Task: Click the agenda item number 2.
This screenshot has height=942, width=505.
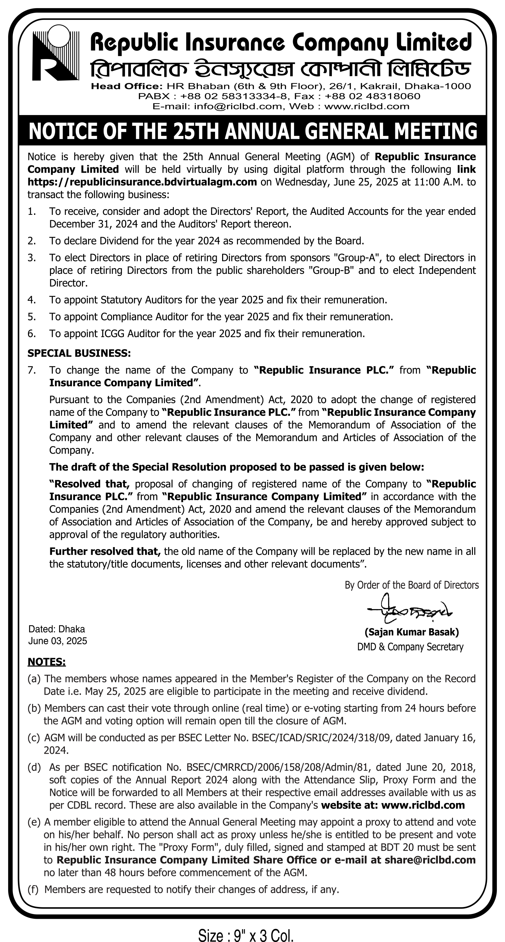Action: pos(31,241)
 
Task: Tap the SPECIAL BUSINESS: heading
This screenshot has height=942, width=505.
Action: pos(79,353)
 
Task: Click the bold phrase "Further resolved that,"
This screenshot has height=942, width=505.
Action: pos(105,551)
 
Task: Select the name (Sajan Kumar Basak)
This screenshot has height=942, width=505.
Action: pos(412,632)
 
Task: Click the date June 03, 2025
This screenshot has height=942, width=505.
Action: pos(58,641)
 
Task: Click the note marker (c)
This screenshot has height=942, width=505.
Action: pos(34,738)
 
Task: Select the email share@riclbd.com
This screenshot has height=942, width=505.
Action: pos(430,860)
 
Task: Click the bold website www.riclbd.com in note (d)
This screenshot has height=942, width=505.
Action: pos(423,805)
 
